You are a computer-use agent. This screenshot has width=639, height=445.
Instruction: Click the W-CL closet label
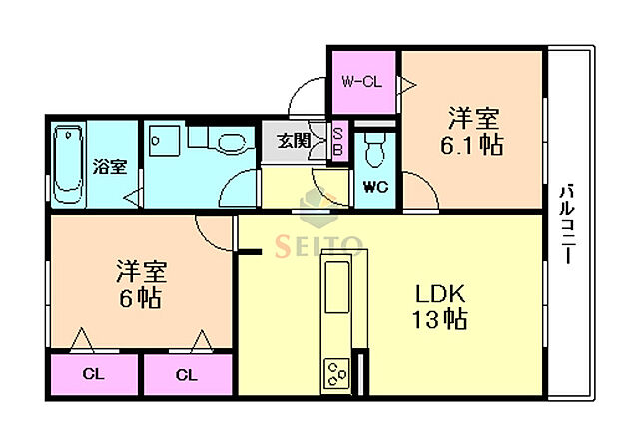362,82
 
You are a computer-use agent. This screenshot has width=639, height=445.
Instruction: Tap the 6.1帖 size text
472,143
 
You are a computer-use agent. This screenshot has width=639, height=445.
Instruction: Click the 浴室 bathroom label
110,166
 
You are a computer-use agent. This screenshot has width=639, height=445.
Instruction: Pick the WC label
375,186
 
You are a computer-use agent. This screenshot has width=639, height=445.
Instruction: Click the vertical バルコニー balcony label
566,222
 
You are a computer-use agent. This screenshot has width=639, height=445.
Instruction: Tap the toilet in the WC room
375,152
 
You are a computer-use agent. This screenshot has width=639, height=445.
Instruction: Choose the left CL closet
92,376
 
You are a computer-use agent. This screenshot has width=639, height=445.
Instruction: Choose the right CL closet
186,376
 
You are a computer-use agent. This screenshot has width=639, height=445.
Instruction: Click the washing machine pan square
164,142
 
